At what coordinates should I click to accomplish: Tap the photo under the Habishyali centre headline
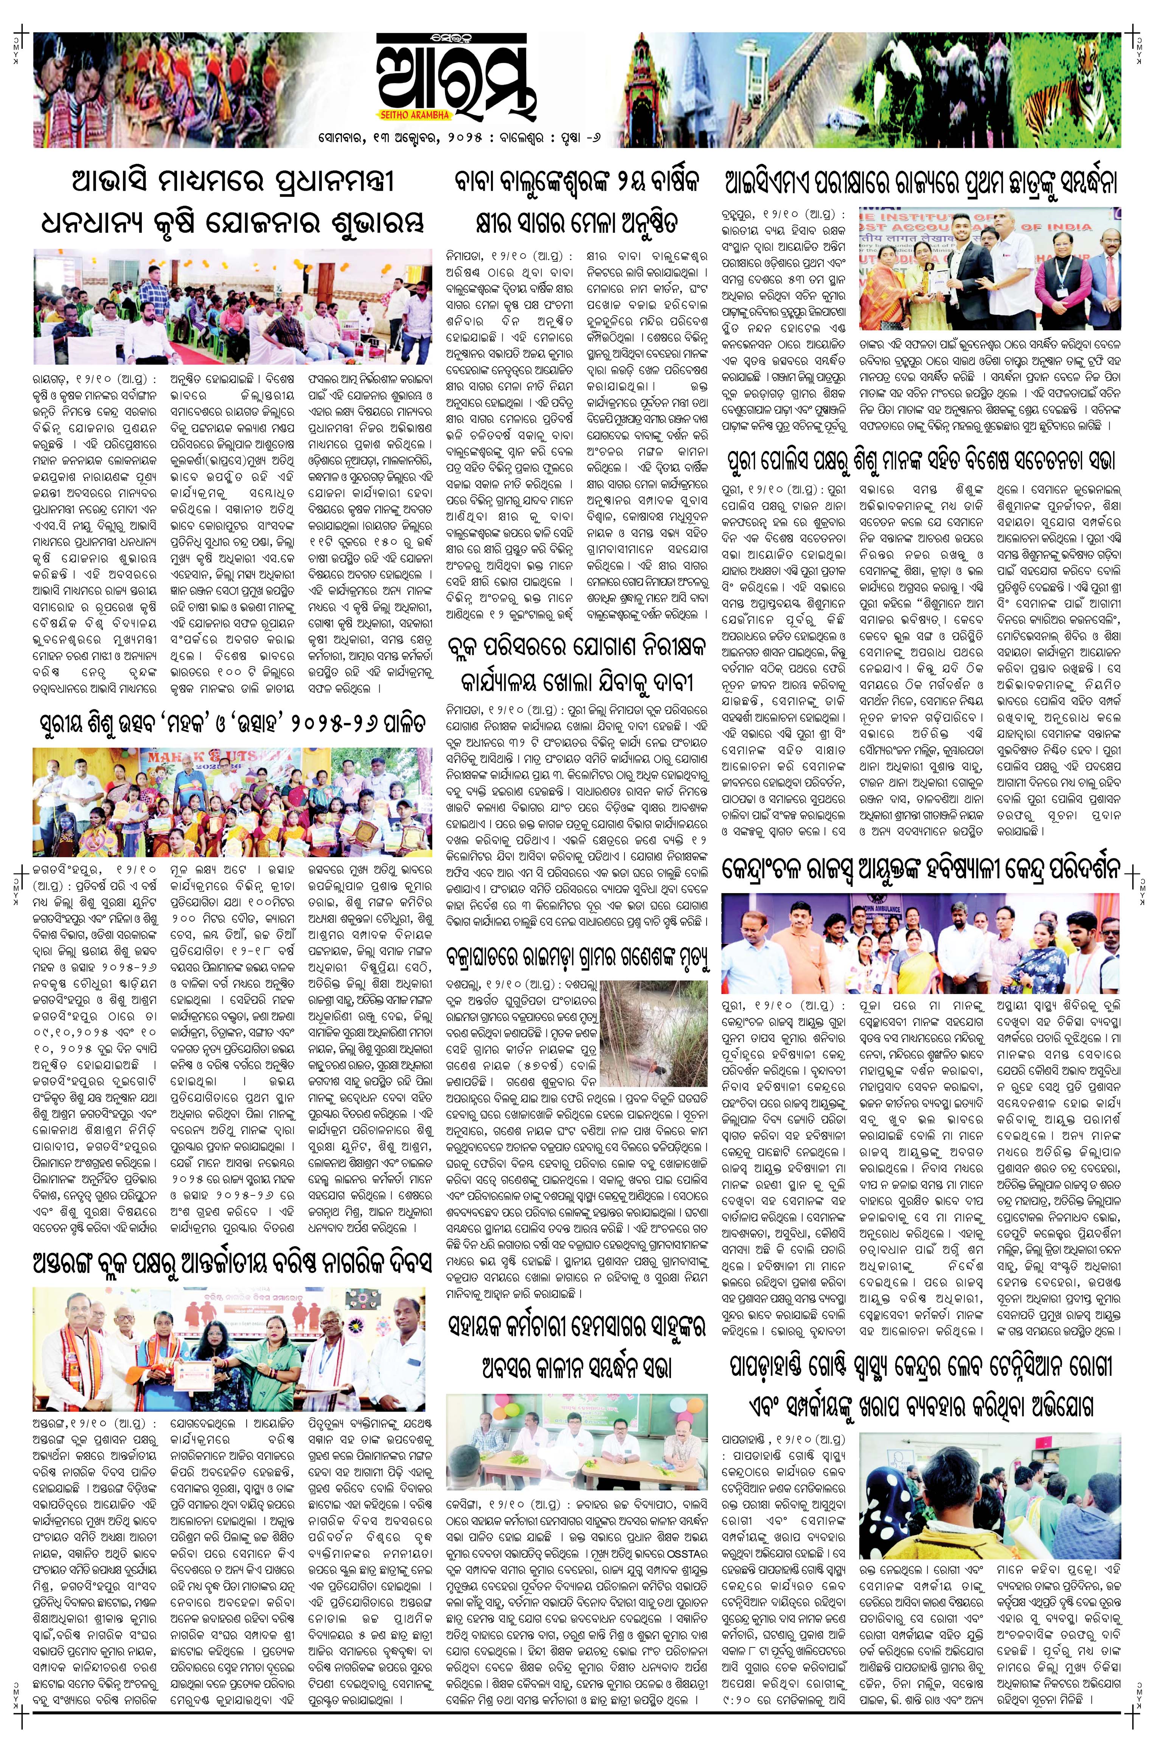tap(920, 942)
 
